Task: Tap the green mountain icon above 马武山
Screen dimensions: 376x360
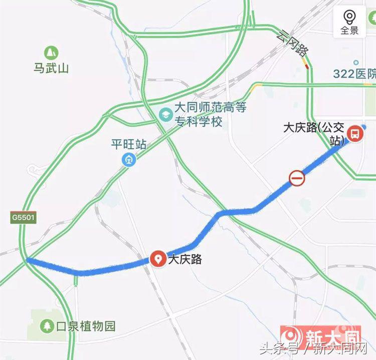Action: (51, 52)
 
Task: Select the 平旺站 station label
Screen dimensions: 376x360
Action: (129, 145)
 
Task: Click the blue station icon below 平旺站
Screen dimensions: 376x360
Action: (129, 160)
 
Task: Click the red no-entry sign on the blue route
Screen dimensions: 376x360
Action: (296, 178)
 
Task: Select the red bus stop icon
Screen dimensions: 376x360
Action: (354, 134)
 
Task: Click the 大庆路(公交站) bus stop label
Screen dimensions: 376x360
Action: (315, 133)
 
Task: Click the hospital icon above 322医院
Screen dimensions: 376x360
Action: (356, 63)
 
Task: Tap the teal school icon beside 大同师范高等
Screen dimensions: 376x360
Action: (164, 115)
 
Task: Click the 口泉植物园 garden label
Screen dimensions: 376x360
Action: (85, 326)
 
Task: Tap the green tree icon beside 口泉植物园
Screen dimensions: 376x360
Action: (47, 326)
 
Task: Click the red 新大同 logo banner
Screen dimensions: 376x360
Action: (320, 334)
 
